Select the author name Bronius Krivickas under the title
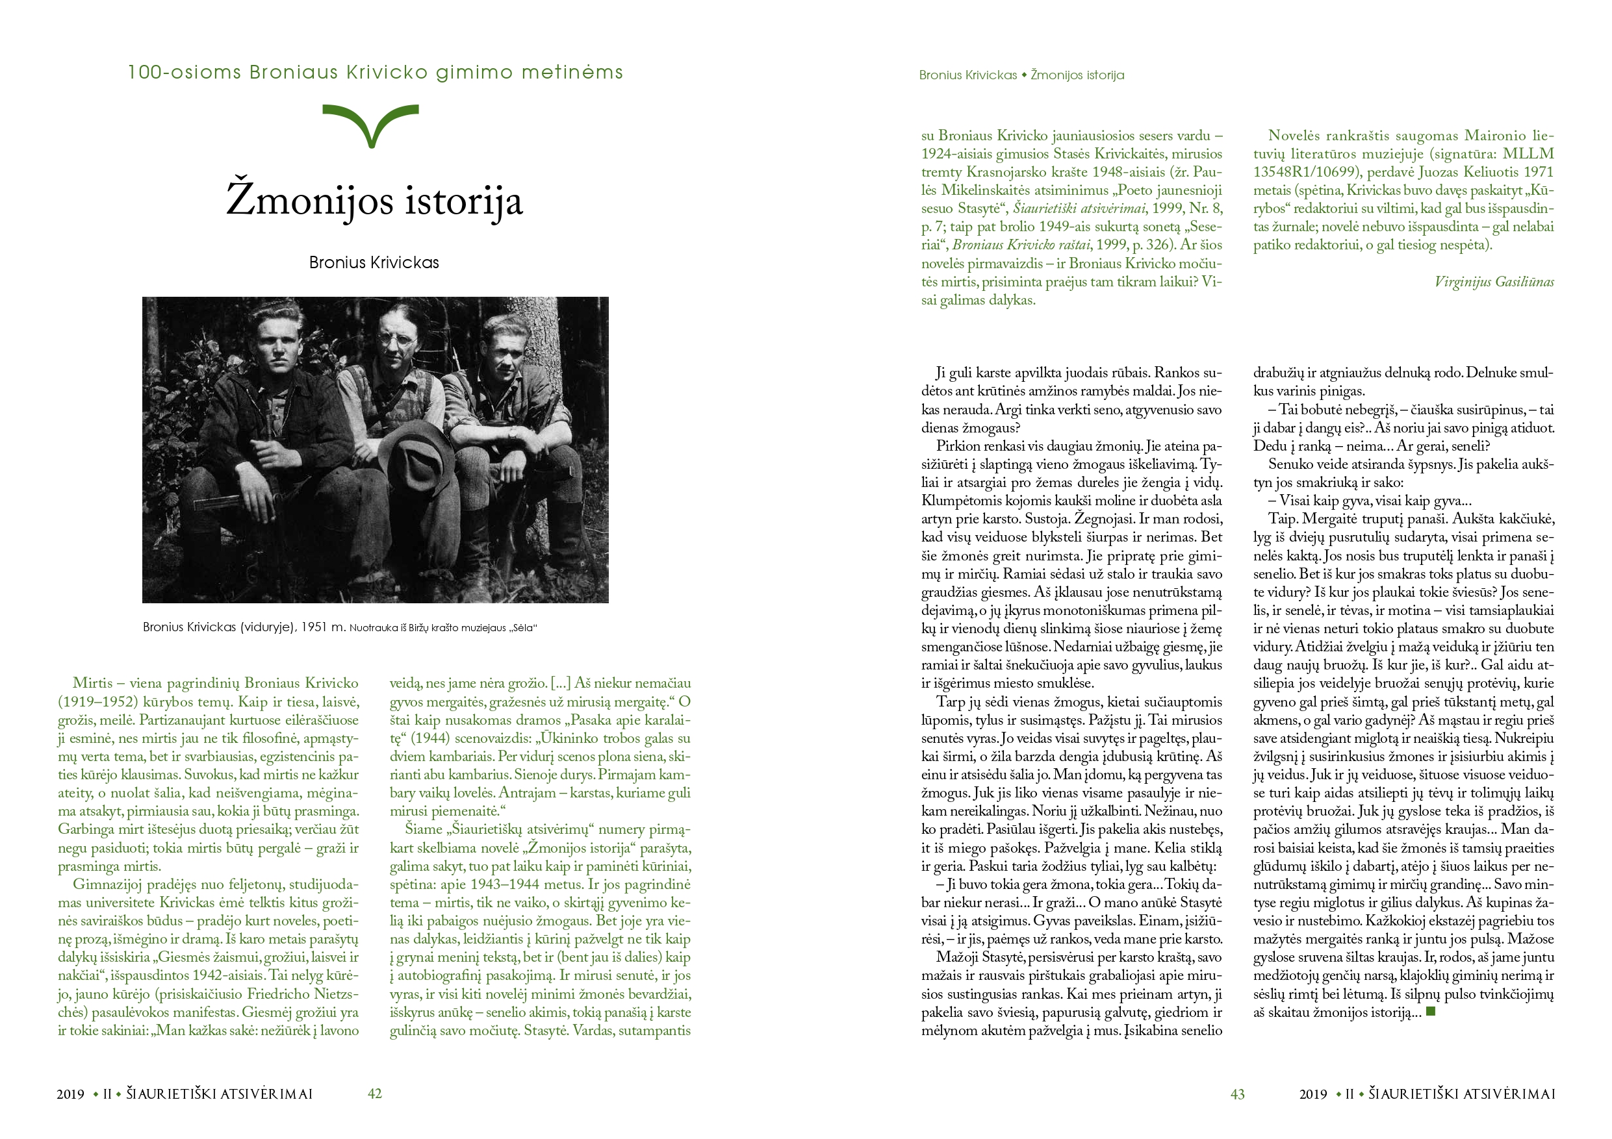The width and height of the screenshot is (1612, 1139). (374, 262)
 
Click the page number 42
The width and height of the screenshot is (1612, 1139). (374, 1094)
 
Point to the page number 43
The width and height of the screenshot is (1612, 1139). (1237, 1094)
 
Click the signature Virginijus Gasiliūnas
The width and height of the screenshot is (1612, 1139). (1494, 282)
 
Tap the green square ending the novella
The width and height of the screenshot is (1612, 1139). (1431, 1012)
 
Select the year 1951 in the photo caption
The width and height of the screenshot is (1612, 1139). (314, 627)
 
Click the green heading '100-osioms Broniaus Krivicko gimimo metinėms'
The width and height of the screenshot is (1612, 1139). (375, 72)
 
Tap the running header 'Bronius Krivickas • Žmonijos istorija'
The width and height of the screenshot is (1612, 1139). (1021, 75)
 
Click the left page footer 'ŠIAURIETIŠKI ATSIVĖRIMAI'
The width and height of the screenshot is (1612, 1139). (219, 1094)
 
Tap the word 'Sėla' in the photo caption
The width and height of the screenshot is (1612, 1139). (523, 628)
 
